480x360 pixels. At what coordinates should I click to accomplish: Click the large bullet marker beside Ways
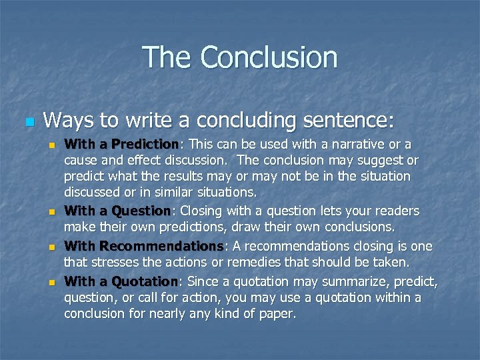pyautogui.click(x=28, y=123)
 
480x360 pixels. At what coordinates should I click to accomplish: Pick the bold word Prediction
pyautogui.click(x=145, y=144)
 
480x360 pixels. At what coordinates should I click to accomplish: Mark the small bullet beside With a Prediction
pyautogui.click(x=51, y=145)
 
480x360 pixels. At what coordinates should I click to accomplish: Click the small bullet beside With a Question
pyautogui.click(x=51, y=213)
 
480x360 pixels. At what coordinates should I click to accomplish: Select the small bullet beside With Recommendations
pyautogui.click(x=51, y=247)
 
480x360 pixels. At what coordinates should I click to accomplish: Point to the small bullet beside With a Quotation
pyautogui.click(x=51, y=282)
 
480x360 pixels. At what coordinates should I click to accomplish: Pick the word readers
pyautogui.click(x=399, y=211)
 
